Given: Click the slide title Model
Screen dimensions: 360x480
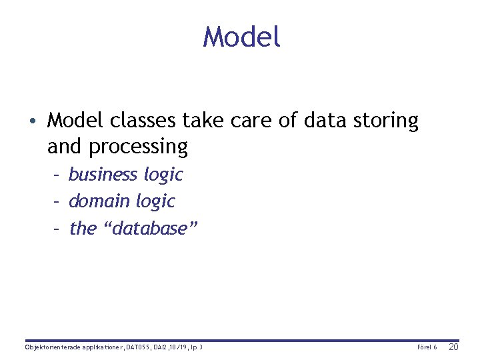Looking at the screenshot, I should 241,37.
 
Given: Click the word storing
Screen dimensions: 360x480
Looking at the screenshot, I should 387,122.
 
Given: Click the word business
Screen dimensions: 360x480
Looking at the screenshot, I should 103,175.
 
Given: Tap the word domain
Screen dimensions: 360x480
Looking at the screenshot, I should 99,201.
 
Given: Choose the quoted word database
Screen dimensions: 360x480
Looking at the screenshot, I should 149,228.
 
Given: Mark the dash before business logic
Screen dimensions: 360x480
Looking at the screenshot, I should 58,175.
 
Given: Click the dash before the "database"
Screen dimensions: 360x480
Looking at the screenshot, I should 58,229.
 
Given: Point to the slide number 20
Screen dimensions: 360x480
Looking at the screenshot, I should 453,347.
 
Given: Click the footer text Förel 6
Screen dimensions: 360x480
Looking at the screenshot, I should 427,347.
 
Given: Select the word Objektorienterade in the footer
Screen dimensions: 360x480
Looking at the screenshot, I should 53,347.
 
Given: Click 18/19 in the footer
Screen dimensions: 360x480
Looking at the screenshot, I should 177,347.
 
